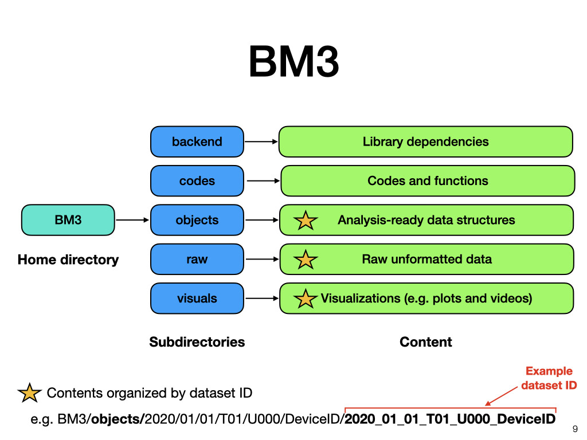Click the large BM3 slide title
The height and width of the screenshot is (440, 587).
(x=294, y=61)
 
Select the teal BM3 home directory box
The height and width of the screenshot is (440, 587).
(x=68, y=220)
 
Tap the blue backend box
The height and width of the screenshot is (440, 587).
(x=197, y=142)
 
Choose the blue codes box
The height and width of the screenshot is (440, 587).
(x=197, y=180)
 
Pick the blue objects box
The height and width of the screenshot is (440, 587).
(x=197, y=220)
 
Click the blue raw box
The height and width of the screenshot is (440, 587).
(x=197, y=260)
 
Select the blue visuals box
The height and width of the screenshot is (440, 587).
(x=197, y=298)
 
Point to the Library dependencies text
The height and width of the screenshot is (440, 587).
(x=426, y=142)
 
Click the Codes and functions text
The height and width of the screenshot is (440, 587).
(x=428, y=180)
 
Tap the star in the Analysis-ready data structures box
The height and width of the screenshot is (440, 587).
(x=306, y=221)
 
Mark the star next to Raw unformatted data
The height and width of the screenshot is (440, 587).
(x=306, y=260)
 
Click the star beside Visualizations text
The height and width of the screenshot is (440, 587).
(x=306, y=299)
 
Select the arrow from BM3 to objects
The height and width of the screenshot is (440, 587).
(x=132, y=220)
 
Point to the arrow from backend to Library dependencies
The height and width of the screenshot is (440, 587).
(x=261, y=142)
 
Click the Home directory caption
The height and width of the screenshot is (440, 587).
(x=68, y=260)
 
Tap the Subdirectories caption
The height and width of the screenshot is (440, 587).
(x=197, y=342)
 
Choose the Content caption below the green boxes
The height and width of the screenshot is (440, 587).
(x=426, y=342)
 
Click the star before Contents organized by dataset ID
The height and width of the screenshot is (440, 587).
(x=29, y=393)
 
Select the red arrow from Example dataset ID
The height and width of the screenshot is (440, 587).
(x=502, y=396)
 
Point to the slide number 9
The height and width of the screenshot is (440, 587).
(x=575, y=429)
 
